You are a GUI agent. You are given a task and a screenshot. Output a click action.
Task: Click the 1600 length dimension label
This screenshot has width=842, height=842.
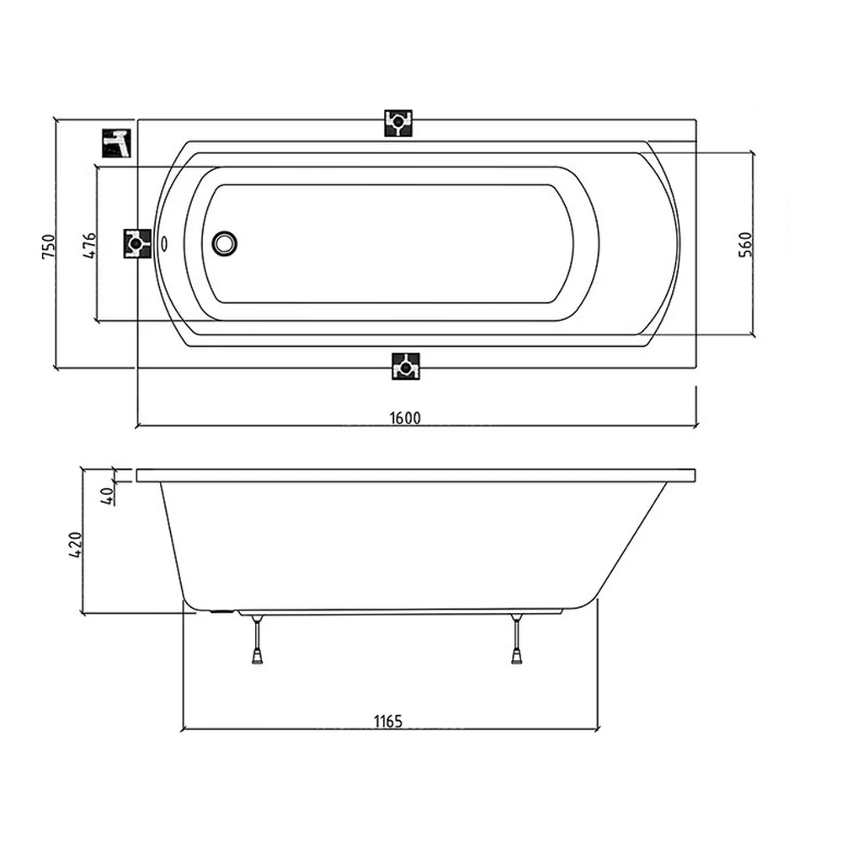pos(405,418)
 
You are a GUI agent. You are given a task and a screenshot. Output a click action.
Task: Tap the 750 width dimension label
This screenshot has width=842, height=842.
pos(48,247)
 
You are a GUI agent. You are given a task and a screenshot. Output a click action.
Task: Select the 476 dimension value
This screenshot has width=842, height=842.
pos(90,245)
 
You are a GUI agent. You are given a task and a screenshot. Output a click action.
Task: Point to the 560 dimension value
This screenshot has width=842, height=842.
pos(746,244)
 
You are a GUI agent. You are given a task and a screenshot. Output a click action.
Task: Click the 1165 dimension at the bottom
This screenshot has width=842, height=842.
pos(388,721)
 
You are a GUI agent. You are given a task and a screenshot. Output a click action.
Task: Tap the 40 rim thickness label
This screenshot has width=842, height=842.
pos(108,494)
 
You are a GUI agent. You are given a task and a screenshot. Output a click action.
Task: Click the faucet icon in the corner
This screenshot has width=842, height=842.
pos(116,143)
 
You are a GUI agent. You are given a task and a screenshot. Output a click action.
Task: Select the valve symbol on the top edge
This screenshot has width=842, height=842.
pos(398,123)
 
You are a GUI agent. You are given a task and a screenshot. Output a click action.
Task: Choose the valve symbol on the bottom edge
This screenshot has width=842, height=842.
pos(406,366)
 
